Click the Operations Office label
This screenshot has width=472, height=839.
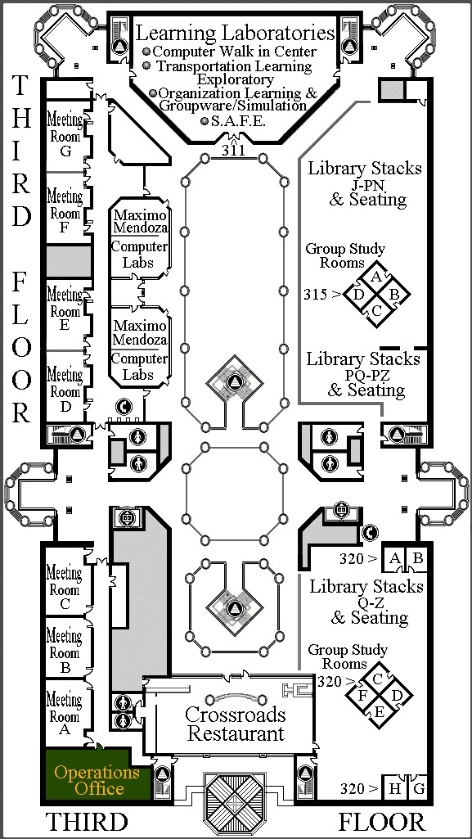(x=97, y=780)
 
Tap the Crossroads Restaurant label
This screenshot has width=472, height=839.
(x=236, y=724)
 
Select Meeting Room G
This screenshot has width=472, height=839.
(x=65, y=136)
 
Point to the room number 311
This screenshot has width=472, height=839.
(x=234, y=151)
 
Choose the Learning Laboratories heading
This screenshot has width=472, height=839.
(x=236, y=34)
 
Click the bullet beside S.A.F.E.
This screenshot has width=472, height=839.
(x=205, y=121)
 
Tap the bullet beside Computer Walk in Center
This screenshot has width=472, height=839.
(x=147, y=52)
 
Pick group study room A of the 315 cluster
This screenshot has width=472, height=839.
(x=375, y=277)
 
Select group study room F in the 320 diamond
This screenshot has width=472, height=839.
(x=362, y=696)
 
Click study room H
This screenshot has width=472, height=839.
(x=396, y=788)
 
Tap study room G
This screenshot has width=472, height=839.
(x=419, y=788)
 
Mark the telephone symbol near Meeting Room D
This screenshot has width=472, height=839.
(x=124, y=408)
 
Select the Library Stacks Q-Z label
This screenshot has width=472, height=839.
(x=367, y=602)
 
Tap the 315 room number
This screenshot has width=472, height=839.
(x=315, y=294)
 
